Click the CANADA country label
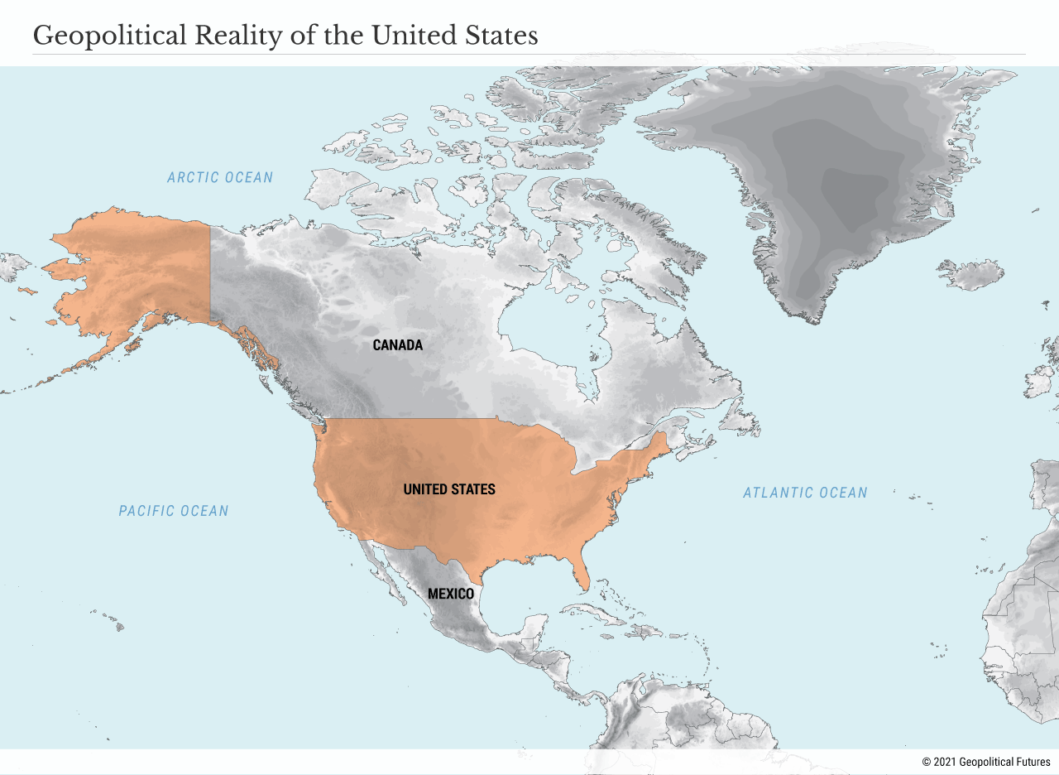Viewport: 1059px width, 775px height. point(397,345)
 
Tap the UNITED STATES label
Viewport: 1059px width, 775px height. point(449,489)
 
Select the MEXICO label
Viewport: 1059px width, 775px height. point(451,594)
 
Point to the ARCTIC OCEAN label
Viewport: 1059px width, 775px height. point(220,177)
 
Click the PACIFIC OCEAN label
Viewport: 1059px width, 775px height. point(174,511)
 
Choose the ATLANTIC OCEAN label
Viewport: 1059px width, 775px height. point(805,493)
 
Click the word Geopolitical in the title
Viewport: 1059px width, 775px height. point(108,36)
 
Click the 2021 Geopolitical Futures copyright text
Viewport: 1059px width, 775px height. point(986,762)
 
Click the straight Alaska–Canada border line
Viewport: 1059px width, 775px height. point(210,273)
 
